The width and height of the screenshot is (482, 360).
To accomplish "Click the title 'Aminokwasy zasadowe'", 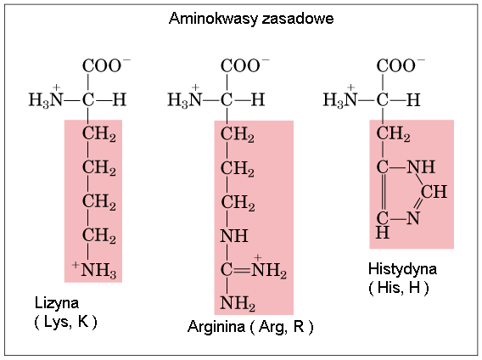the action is (251, 19).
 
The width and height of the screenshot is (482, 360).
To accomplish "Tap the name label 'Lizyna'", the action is (57, 303).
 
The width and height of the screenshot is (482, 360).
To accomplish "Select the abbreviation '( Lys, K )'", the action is (65, 322).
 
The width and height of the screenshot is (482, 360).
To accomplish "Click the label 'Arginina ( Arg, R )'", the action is (250, 327).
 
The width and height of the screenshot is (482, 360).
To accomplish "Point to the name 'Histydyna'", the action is (402, 269).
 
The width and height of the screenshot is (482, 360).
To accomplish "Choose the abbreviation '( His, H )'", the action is (398, 288).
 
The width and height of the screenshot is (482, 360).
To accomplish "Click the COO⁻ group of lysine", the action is (106, 65).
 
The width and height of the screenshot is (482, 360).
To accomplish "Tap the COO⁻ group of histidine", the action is (401, 65).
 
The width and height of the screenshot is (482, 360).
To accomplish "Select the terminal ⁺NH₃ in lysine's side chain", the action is (94, 270).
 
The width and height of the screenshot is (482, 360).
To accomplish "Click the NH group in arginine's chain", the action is (234, 236).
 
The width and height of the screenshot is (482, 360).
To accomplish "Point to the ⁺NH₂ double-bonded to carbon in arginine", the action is (269, 267).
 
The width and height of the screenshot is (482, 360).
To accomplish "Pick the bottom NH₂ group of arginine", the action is (238, 303).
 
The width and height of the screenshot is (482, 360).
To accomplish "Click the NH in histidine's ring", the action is (421, 167).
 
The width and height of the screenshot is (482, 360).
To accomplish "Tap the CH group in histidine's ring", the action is (434, 192).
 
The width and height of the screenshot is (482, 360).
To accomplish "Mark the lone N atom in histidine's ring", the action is (413, 218).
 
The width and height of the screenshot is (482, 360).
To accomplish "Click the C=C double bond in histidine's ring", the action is (384, 193).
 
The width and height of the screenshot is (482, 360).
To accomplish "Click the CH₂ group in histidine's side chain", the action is (393, 134).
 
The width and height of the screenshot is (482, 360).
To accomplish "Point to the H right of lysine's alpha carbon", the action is (120, 99).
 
